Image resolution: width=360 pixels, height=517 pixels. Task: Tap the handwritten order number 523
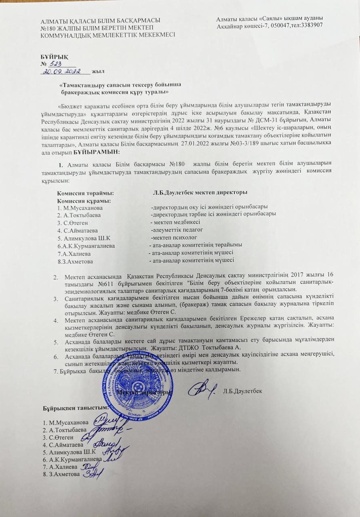[x=55, y=64]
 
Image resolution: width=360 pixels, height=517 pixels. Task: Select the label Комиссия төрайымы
[x=85, y=193]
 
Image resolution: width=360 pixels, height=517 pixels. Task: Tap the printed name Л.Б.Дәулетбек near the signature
[x=242, y=391]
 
